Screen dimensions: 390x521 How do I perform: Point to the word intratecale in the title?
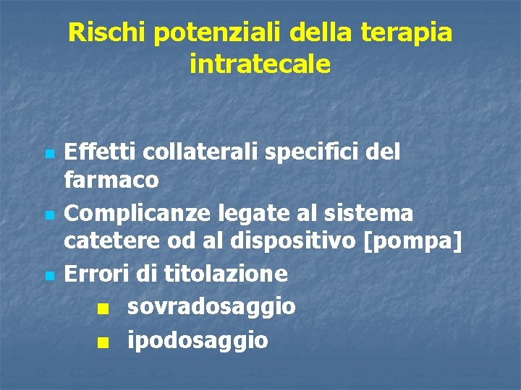[260, 65]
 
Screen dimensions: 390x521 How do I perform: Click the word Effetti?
[101, 152]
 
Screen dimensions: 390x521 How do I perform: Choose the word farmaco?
[111, 180]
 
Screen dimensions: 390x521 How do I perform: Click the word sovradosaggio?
[211, 306]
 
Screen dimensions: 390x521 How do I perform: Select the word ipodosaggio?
[198, 340]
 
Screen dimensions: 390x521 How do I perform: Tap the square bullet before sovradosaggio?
[106, 308]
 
